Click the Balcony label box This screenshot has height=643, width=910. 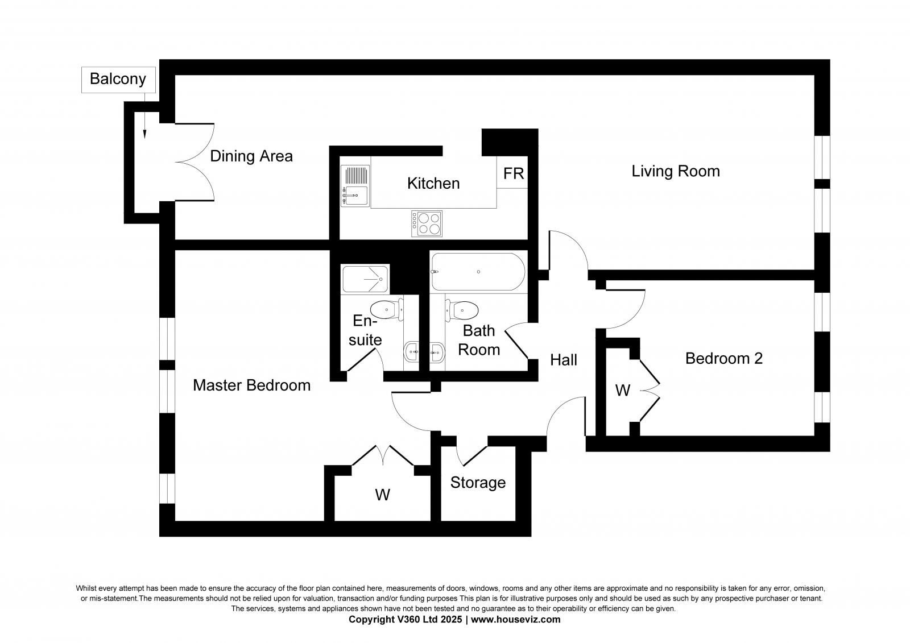pos(118,80)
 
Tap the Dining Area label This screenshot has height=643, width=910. pos(251,156)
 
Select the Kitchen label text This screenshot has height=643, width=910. pos(433,183)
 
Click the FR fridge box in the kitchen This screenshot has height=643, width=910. pos(512,172)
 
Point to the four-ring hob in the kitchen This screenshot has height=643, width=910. pos(427,223)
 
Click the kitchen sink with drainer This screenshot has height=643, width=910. pos(355,186)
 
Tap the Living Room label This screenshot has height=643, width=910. pos(676,171)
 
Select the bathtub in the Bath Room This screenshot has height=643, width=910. pos(478,272)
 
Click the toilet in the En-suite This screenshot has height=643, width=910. pos(387,309)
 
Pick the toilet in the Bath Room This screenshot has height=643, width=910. pos(461,311)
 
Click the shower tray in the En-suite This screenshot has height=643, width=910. pos(365,279)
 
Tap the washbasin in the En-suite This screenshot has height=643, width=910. pos(412,352)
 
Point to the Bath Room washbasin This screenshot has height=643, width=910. pos(437,352)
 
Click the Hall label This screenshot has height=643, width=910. pos(564,359)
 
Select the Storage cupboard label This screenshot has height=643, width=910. pos(478,483)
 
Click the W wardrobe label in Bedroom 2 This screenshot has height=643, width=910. pos(622,391)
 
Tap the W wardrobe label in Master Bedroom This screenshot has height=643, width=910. pos(382,495)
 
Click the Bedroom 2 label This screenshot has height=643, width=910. pos(724,358)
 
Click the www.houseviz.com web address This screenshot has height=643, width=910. pos(515,620)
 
